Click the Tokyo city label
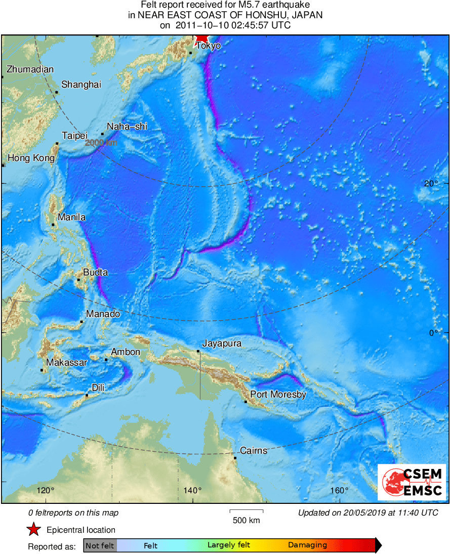coord(209,46)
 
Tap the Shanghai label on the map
coord(81,85)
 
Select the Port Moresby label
coord(278,394)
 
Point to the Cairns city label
coord(253,450)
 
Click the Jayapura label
coord(222,343)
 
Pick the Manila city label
coord(71,217)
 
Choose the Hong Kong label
coord(31,158)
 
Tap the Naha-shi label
coord(127,127)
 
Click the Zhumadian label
coord(30,69)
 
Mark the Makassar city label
coord(67,362)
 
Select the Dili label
coord(98,388)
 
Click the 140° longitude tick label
coord(192,490)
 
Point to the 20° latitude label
coord(431,183)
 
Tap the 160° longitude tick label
coord(339,490)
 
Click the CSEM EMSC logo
coord(412,482)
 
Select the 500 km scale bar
coord(247,511)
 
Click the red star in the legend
coord(34,530)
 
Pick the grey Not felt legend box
coord(100,545)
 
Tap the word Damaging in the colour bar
coord(307,545)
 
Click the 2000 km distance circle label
coord(101,143)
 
